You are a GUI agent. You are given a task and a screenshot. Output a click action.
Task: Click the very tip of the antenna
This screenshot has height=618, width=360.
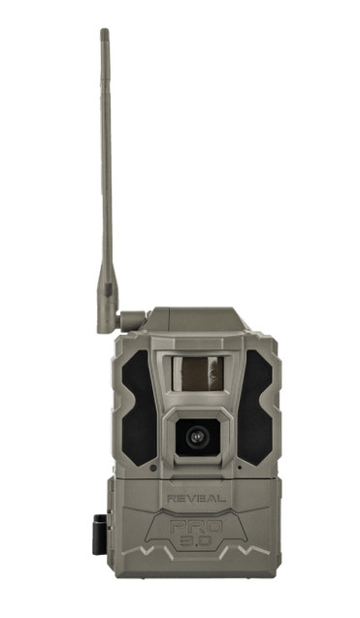104,32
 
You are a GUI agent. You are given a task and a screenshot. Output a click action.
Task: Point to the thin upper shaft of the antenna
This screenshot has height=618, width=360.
105,146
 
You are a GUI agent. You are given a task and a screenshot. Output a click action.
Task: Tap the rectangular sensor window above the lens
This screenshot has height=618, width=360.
198,374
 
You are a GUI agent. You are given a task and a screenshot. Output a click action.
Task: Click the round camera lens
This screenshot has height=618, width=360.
197,438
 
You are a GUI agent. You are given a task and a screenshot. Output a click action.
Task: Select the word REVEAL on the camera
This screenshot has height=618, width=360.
197,497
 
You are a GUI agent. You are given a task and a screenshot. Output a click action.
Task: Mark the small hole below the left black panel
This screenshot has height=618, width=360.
154,467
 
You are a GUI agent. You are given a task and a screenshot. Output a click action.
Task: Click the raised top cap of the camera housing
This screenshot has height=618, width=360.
194,318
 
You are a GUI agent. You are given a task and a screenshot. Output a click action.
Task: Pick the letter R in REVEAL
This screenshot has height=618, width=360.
171,497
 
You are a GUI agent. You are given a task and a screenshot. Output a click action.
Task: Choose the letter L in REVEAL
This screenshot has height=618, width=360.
223,497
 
